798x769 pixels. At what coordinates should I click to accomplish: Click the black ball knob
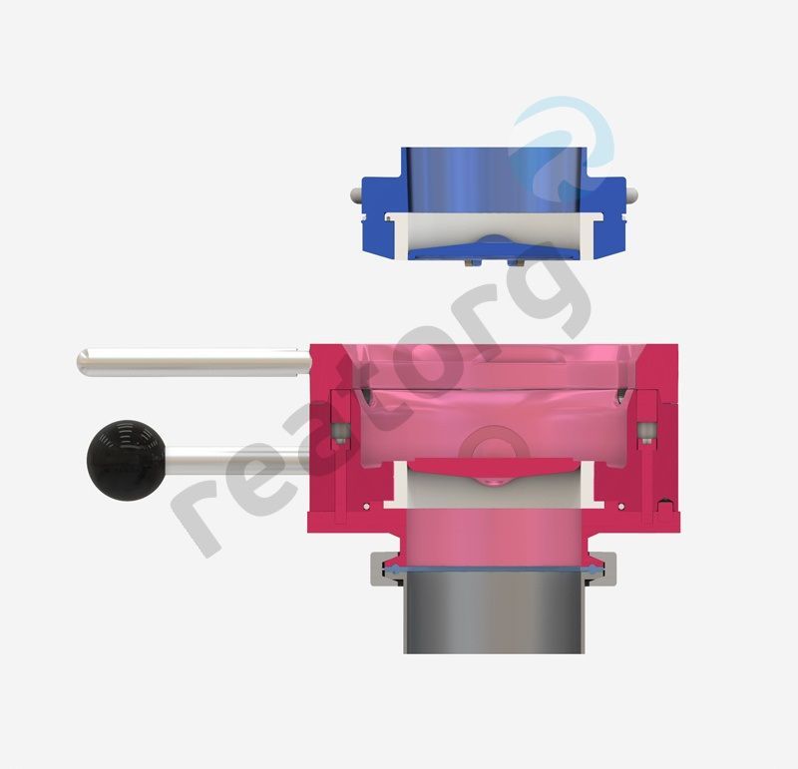pyautogui.click(x=126, y=460)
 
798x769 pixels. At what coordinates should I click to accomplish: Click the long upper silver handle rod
pyautogui.click(x=194, y=362)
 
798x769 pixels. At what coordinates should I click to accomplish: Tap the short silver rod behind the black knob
pyautogui.click(x=237, y=461)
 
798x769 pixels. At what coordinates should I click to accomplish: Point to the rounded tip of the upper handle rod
pyautogui.click(x=82, y=362)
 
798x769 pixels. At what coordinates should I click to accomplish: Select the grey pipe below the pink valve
pyautogui.click(x=494, y=611)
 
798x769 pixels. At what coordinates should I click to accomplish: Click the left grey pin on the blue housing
pyautogui.click(x=356, y=194)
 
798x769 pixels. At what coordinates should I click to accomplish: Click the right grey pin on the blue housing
pyautogui.click(x=631, y=194)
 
